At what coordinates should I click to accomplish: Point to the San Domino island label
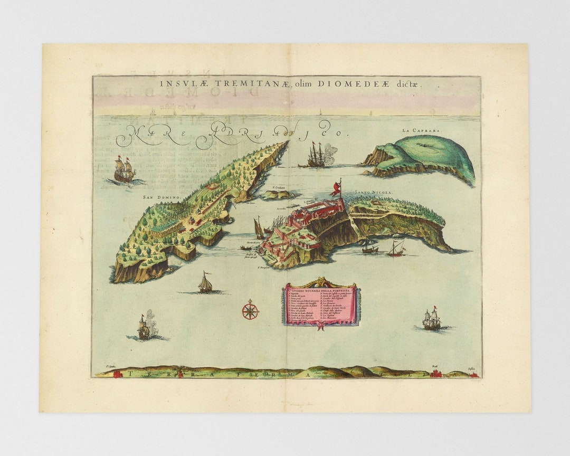(161, 197)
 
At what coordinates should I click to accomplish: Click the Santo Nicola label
(373, 193)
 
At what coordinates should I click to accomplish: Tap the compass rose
(250, 310)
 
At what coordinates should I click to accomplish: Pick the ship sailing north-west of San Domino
(125, 170)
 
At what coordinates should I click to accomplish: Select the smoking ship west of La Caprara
(317, 155)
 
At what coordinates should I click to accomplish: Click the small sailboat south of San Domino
(205, 283)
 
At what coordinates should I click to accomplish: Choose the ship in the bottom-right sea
(431, 319)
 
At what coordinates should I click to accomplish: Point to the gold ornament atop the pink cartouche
(321, 283)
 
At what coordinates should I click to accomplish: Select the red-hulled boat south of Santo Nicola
(396, 249)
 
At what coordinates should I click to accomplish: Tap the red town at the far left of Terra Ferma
(117, 374)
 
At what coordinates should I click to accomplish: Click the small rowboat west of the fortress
(246, 248)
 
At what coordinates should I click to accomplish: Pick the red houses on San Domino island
(193, 221)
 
